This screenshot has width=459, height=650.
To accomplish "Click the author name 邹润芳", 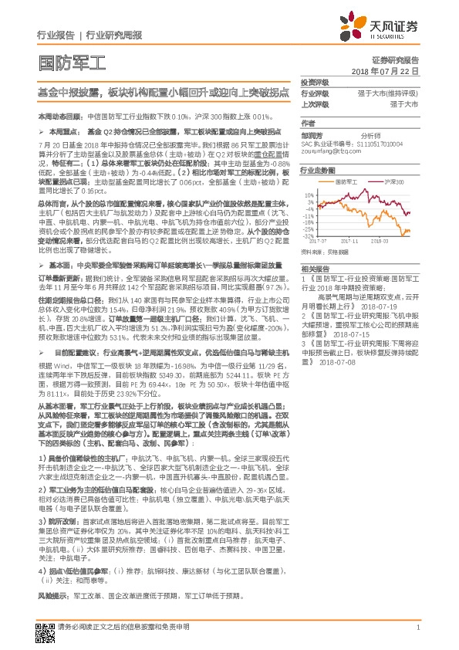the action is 312,133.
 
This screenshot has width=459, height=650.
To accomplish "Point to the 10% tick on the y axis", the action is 309,195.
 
